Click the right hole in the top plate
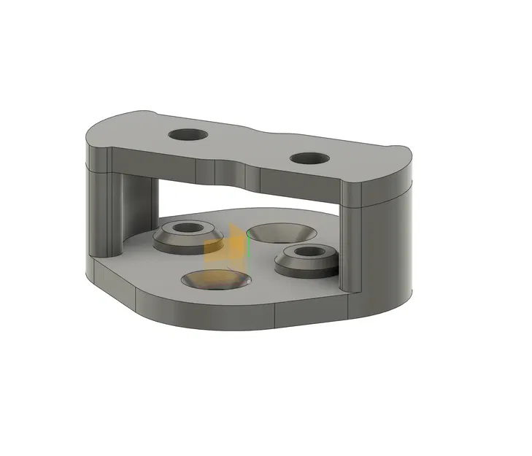tap(309, 158)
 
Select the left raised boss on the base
tap(188, 239)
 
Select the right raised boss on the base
tap(307, 260)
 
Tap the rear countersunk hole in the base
tap(282, 232)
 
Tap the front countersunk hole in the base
tap(215, 278)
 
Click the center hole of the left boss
tap(188, 228)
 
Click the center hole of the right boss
tap(307, 251)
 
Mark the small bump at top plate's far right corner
tap(402, 149)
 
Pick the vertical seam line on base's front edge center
tap(275, 316)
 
